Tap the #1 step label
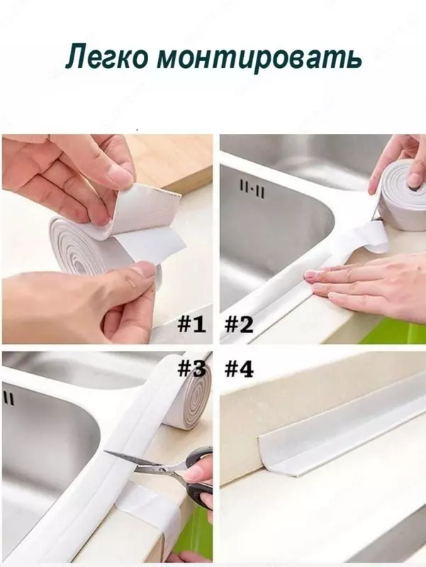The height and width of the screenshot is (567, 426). click(191, 324)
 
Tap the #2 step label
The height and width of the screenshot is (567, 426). click(239, 324)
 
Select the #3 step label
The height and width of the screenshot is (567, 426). click(191, 369)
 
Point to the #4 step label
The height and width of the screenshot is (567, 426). click(239, 369)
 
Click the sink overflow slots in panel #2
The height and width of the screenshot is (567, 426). click(252, 190)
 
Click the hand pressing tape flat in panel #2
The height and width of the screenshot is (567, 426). click(365, 282)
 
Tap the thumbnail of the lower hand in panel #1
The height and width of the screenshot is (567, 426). click(143, 270)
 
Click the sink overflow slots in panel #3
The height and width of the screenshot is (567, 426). click(9, 399)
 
